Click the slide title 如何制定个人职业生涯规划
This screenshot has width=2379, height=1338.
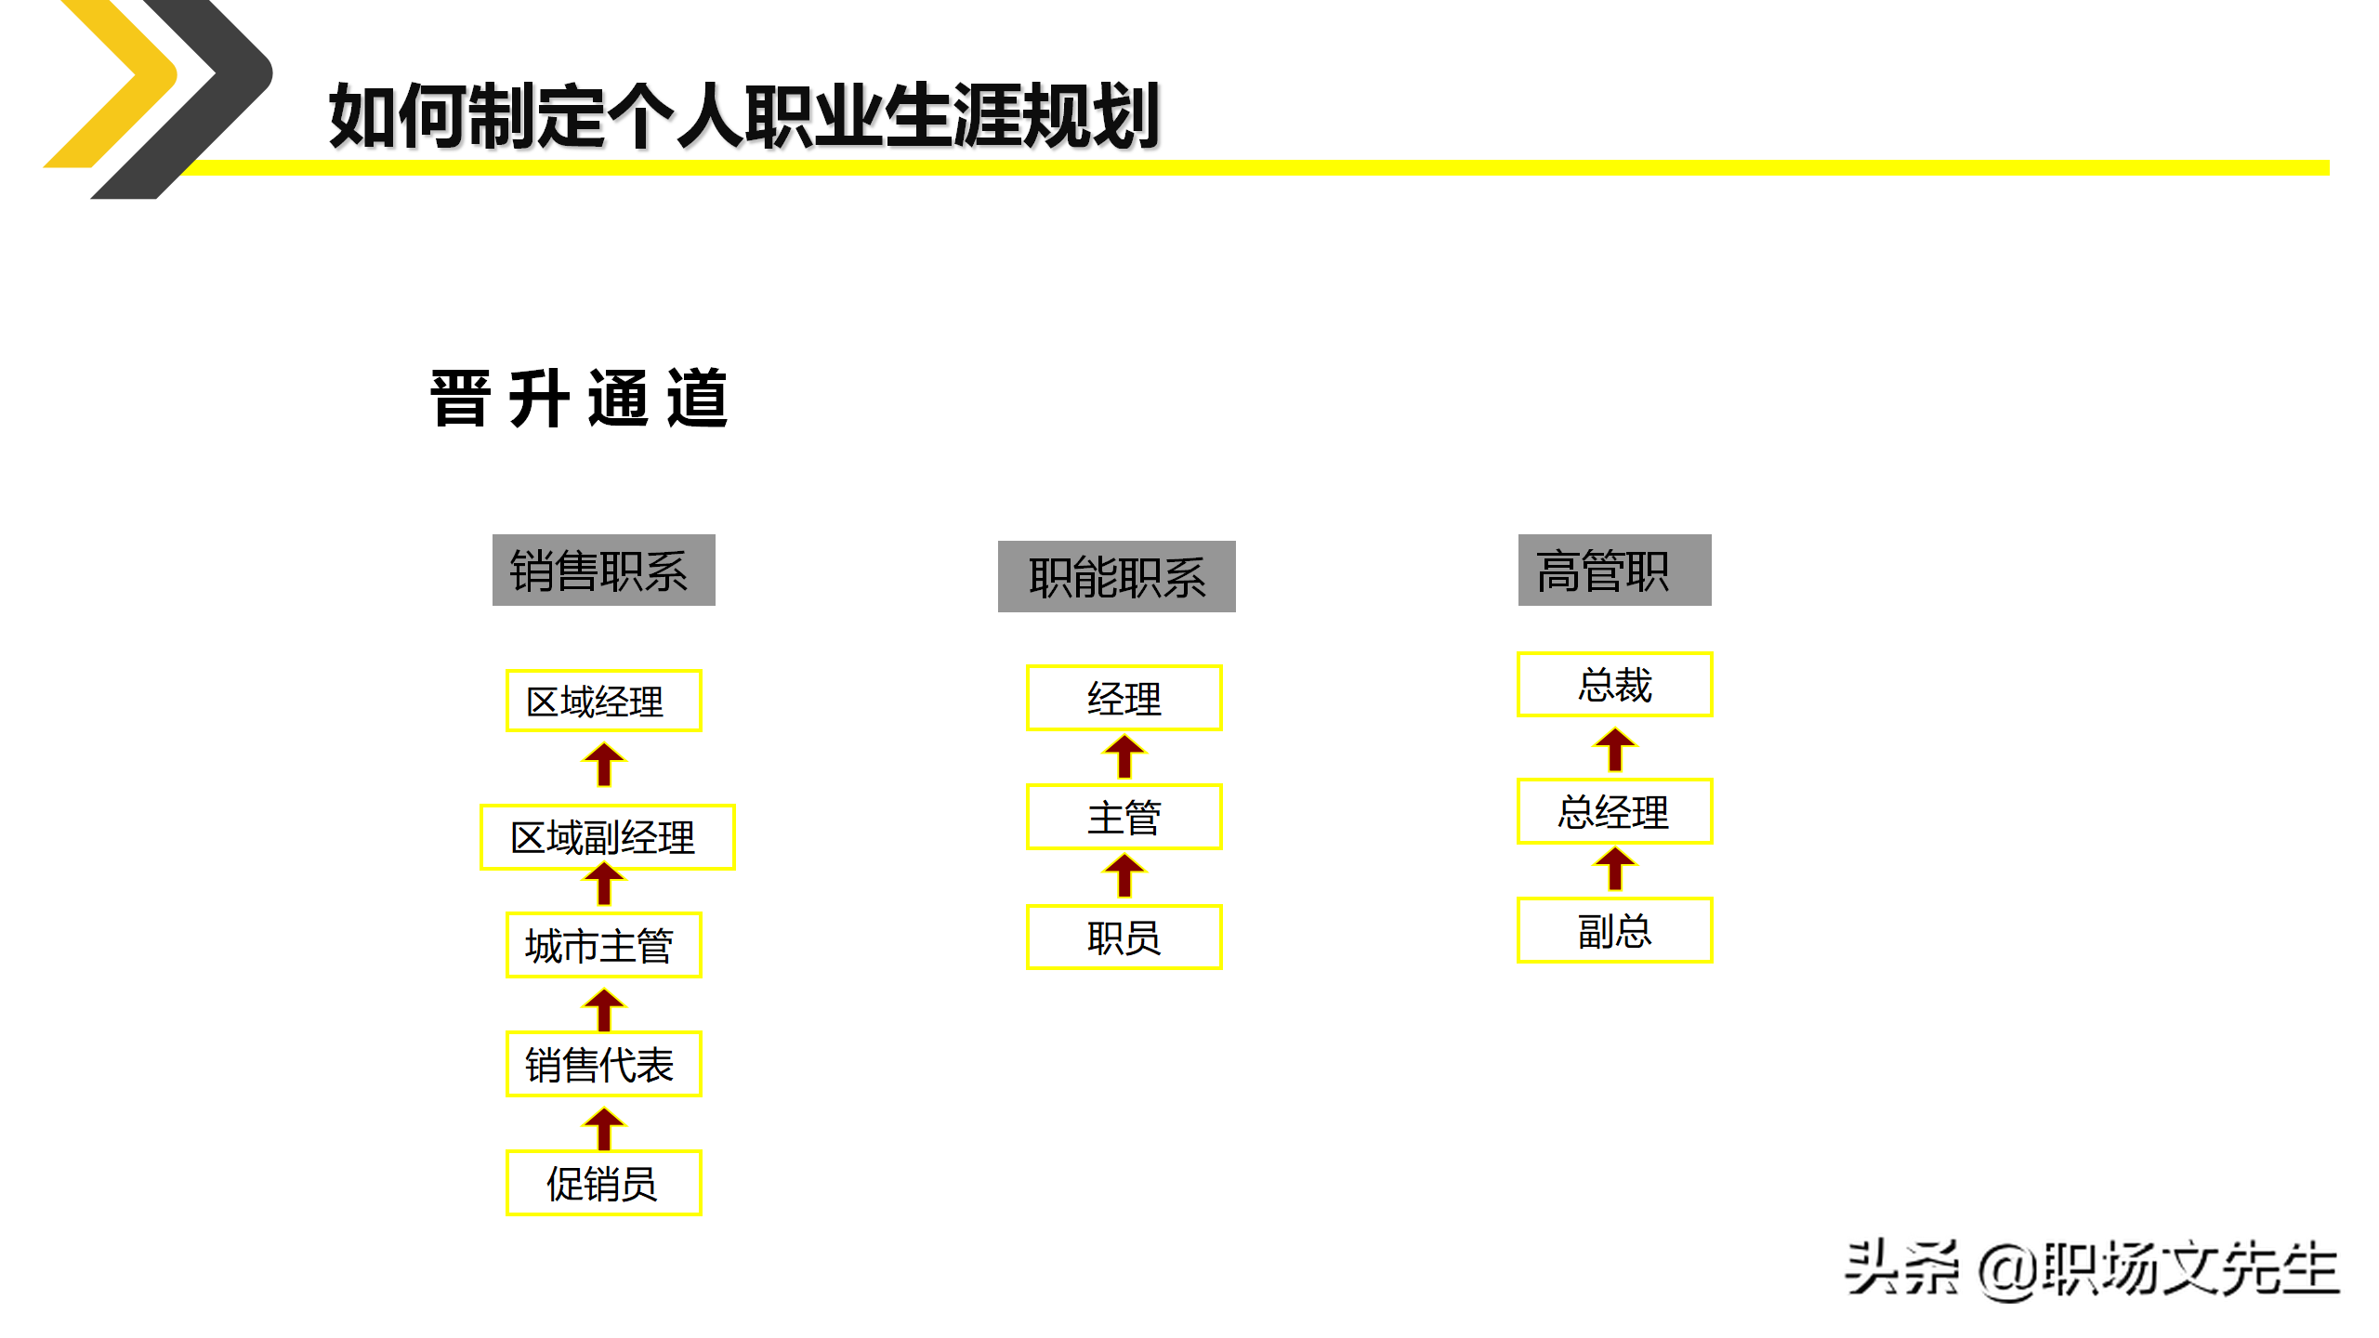743,115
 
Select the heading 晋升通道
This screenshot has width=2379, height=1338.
578,400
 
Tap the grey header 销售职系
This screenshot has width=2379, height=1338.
603,570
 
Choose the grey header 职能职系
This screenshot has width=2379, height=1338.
1116,576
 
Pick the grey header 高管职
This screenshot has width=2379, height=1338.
1614,570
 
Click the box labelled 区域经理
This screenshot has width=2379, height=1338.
603,701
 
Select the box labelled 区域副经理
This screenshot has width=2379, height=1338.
607,837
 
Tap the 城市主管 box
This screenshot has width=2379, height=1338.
603,945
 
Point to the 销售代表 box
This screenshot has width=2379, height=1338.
603,1064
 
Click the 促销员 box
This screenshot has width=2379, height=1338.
603,1183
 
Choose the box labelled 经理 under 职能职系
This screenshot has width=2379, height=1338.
1124,698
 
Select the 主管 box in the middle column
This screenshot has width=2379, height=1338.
1124,817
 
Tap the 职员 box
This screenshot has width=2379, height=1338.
1124,937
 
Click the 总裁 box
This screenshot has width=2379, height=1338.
1614,685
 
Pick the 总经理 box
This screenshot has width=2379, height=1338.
1614,811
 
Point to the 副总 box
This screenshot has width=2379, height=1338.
1614,930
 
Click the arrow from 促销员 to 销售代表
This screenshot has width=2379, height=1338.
604,1128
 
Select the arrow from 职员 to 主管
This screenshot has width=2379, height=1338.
1124,876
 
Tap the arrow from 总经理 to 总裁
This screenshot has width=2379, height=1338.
1615,750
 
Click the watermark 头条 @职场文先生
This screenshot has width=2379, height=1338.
2091,1269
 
